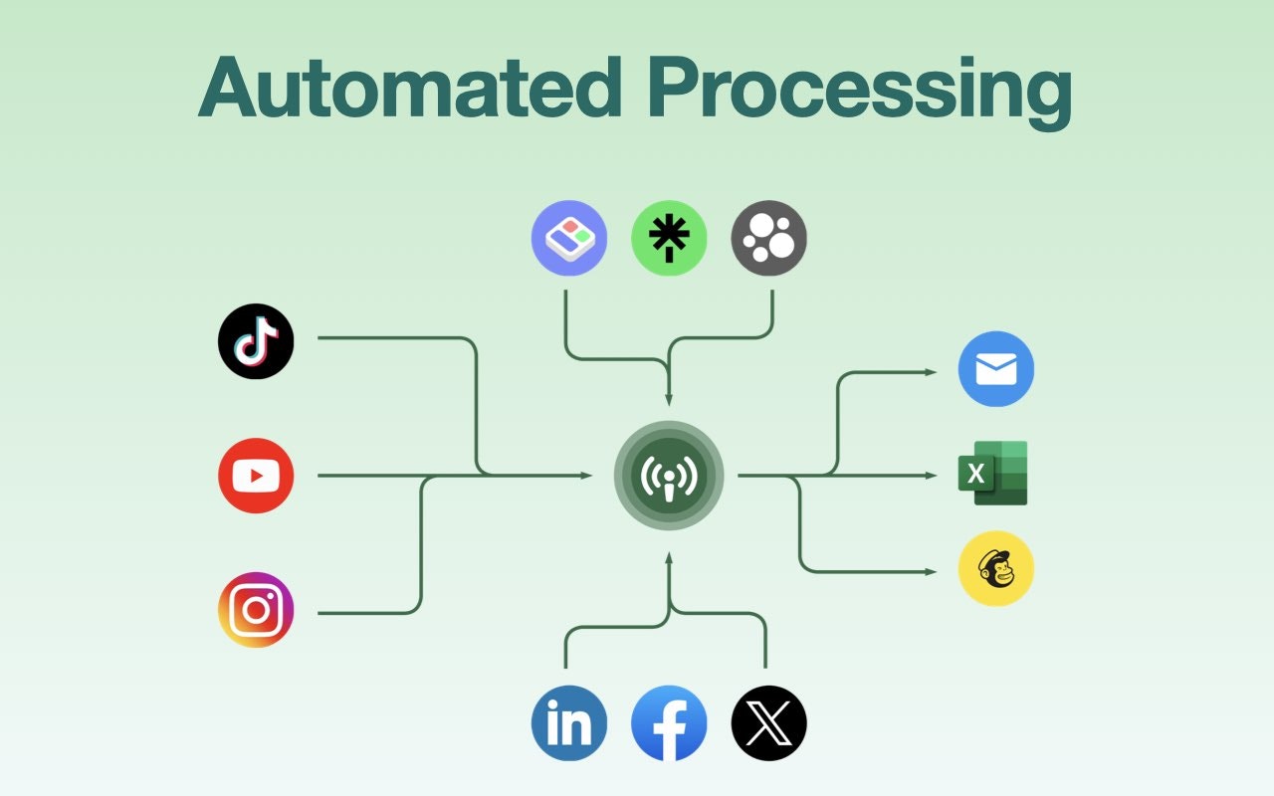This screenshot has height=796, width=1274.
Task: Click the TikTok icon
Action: point(256,341)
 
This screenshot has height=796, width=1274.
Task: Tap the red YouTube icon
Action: point(256,476)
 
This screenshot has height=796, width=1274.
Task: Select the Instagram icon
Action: point(256,610)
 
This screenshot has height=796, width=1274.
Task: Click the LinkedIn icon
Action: point(569,723)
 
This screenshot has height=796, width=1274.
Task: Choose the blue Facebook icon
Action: point(669,723)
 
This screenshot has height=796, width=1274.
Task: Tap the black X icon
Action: point(768,723)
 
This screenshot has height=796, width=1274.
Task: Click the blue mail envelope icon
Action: point(995,369)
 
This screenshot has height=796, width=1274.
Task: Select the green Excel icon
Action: point(992,474)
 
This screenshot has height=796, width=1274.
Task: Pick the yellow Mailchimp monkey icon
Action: point(995,569)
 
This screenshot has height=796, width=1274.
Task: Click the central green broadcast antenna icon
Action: point(669,476)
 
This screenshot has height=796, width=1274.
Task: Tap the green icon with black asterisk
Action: point(669,238)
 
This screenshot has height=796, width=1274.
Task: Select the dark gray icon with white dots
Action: point(768,238)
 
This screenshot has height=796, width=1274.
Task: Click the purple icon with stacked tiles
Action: point(569,238)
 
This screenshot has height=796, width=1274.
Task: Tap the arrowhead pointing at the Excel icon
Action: point(932,476)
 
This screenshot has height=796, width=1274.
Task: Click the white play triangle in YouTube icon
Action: point(257,476)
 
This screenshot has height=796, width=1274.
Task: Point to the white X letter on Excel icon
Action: point(975,475)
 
